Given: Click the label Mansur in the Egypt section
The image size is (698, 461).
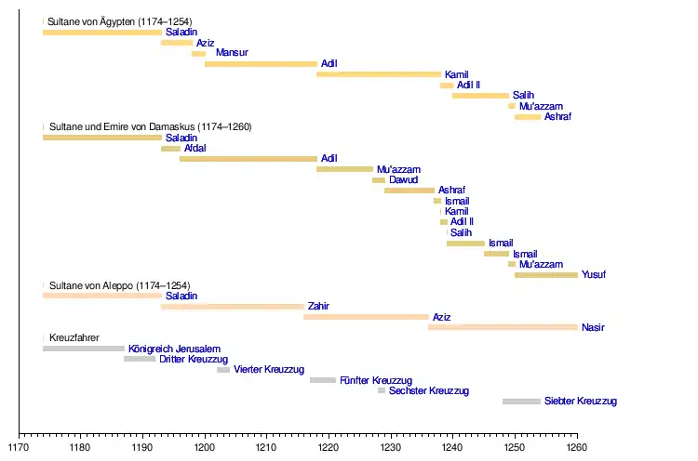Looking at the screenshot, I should tap(232, 53).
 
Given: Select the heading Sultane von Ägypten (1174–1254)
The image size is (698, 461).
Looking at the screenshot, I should tap(120, 20).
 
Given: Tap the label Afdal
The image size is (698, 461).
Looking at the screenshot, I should tap(195, 148).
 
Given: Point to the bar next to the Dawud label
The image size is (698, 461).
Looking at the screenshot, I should tap(379, 179).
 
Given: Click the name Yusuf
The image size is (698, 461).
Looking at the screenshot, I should tap(594, 275).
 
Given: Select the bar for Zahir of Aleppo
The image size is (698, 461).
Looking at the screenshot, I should tap(233, 306).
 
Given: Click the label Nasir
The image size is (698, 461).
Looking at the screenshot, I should tap(593, 327).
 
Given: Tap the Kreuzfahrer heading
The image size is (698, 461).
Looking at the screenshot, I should tap(74, 338).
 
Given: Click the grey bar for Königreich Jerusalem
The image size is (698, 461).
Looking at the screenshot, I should tap(84, 349).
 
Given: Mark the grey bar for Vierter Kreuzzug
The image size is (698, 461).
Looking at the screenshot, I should tap(223, 370).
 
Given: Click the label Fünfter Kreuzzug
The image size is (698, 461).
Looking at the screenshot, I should tap(376, 380).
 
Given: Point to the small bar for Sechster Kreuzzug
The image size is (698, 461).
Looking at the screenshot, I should tap(382, 390).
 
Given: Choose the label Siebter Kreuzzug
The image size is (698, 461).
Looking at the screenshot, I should tap(581, 402).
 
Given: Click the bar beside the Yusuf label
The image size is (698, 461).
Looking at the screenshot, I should tap(546, 275).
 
